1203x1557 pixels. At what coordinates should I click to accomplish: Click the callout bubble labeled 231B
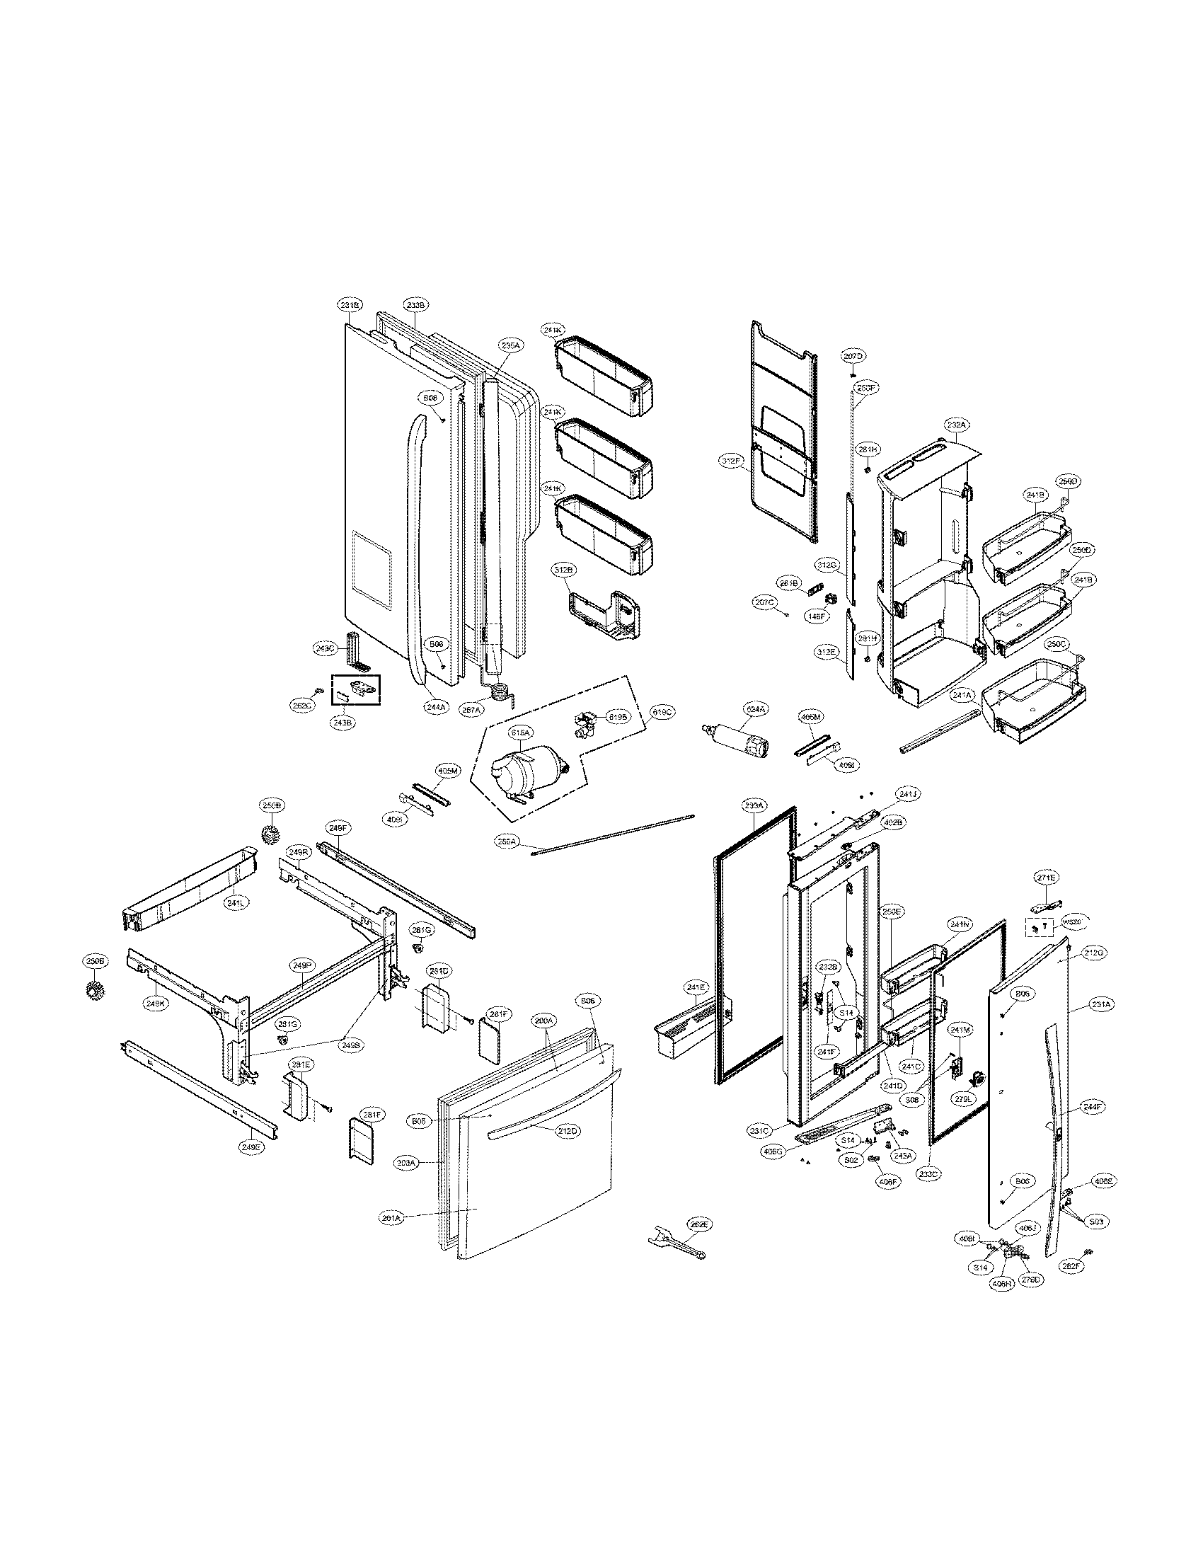[x=350, y=304]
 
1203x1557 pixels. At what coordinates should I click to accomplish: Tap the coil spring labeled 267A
[x=502, y=690]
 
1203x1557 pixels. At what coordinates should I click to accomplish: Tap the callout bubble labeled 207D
[x=853, y=355]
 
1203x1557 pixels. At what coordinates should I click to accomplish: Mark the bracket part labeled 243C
[x=355, y=650]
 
